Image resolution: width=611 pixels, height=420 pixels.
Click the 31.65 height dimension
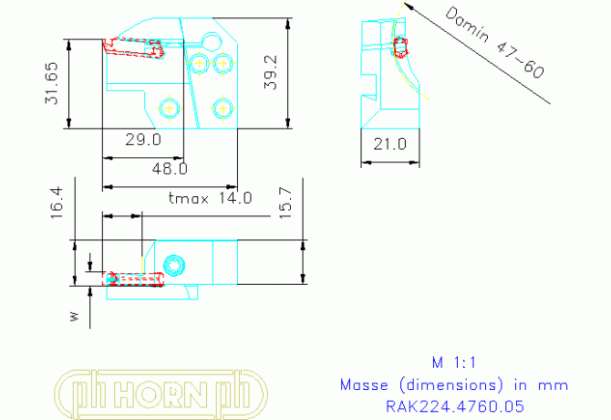coord(51,84)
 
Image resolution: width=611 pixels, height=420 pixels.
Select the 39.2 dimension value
coord(271,72)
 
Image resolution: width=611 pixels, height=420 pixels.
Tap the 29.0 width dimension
coord(143,140)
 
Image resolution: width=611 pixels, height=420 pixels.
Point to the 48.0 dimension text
coord(170,168)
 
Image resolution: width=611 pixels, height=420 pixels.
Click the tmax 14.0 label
coord(210,197)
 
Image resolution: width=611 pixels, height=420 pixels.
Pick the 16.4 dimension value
coord(57,203)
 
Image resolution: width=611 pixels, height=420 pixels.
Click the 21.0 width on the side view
coord(389,142)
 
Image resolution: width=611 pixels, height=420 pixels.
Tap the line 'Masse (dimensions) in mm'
coord(453,383)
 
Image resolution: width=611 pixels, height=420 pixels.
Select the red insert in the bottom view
coord(135,278)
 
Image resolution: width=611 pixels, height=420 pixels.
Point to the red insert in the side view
coord(399,48)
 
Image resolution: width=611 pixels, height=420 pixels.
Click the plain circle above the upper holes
coord(213,42)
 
